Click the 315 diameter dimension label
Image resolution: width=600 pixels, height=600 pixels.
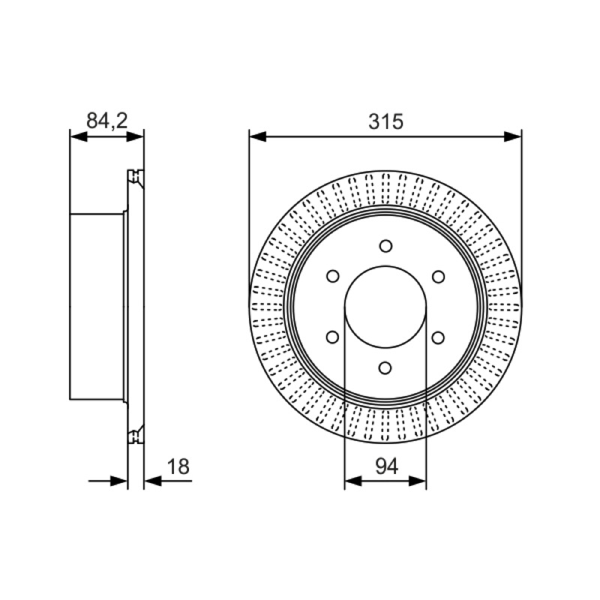[385, 121]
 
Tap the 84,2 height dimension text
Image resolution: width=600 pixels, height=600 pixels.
[106, 121]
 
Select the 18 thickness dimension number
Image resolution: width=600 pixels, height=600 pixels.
[178, 466]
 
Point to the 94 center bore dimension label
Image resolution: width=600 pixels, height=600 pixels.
[387, 466]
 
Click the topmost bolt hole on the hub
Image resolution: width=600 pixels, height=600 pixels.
[385, 246]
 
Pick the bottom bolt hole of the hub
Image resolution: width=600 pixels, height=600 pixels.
[385, 368]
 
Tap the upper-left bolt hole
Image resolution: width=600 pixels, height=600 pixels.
[333, 276]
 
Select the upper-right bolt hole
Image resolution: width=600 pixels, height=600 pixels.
[438, 276]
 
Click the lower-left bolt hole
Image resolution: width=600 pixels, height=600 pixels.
[332, 337]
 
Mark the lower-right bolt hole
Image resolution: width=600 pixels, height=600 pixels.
[438, 337]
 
